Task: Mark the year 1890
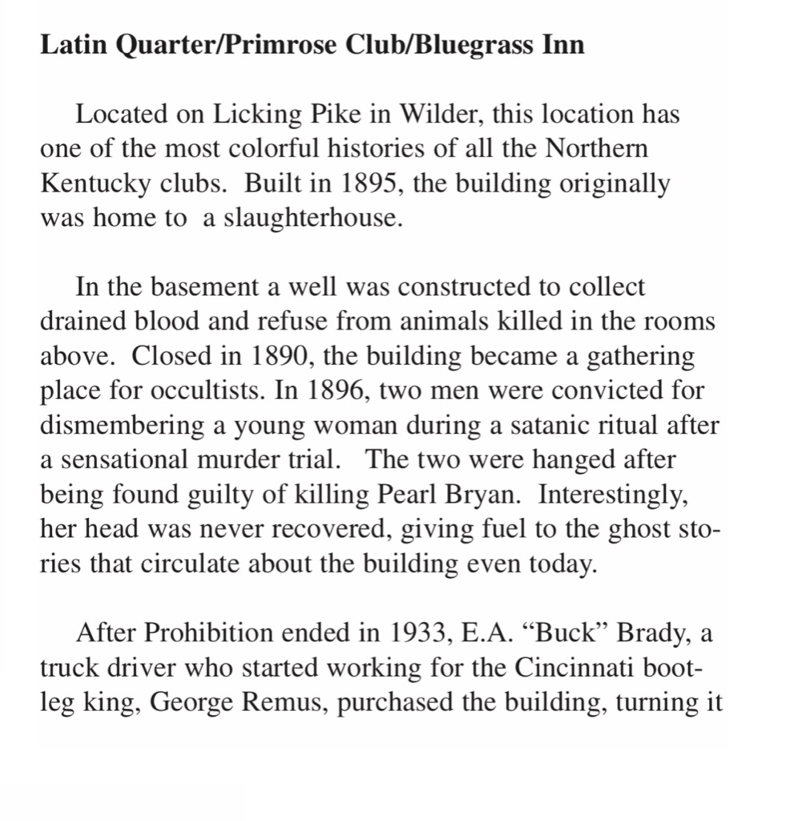pyautogui.click(x=284, y=356)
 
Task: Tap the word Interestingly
pyautogui.click(x=613, y=495)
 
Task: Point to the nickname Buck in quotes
pyautogui.click(x=563, y=633)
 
